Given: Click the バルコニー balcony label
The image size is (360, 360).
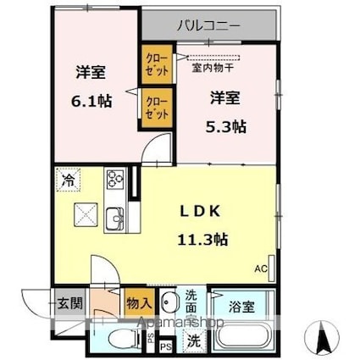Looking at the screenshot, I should click(x=208, y=25).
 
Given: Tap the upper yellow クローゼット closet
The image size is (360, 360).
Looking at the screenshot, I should click(x=156, y=64).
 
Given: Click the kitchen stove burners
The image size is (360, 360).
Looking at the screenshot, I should click(x=114, y=180).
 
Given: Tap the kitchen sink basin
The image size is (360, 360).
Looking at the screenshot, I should click(x=113, y=217).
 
